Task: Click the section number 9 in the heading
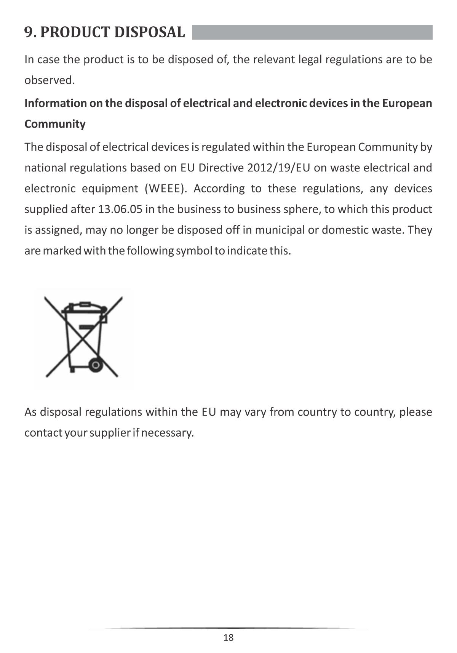29,33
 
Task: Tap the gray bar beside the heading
312,32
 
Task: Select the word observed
50,80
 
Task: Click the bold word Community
55,124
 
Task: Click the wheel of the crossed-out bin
96,365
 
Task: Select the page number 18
228,638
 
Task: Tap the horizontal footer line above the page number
228,628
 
